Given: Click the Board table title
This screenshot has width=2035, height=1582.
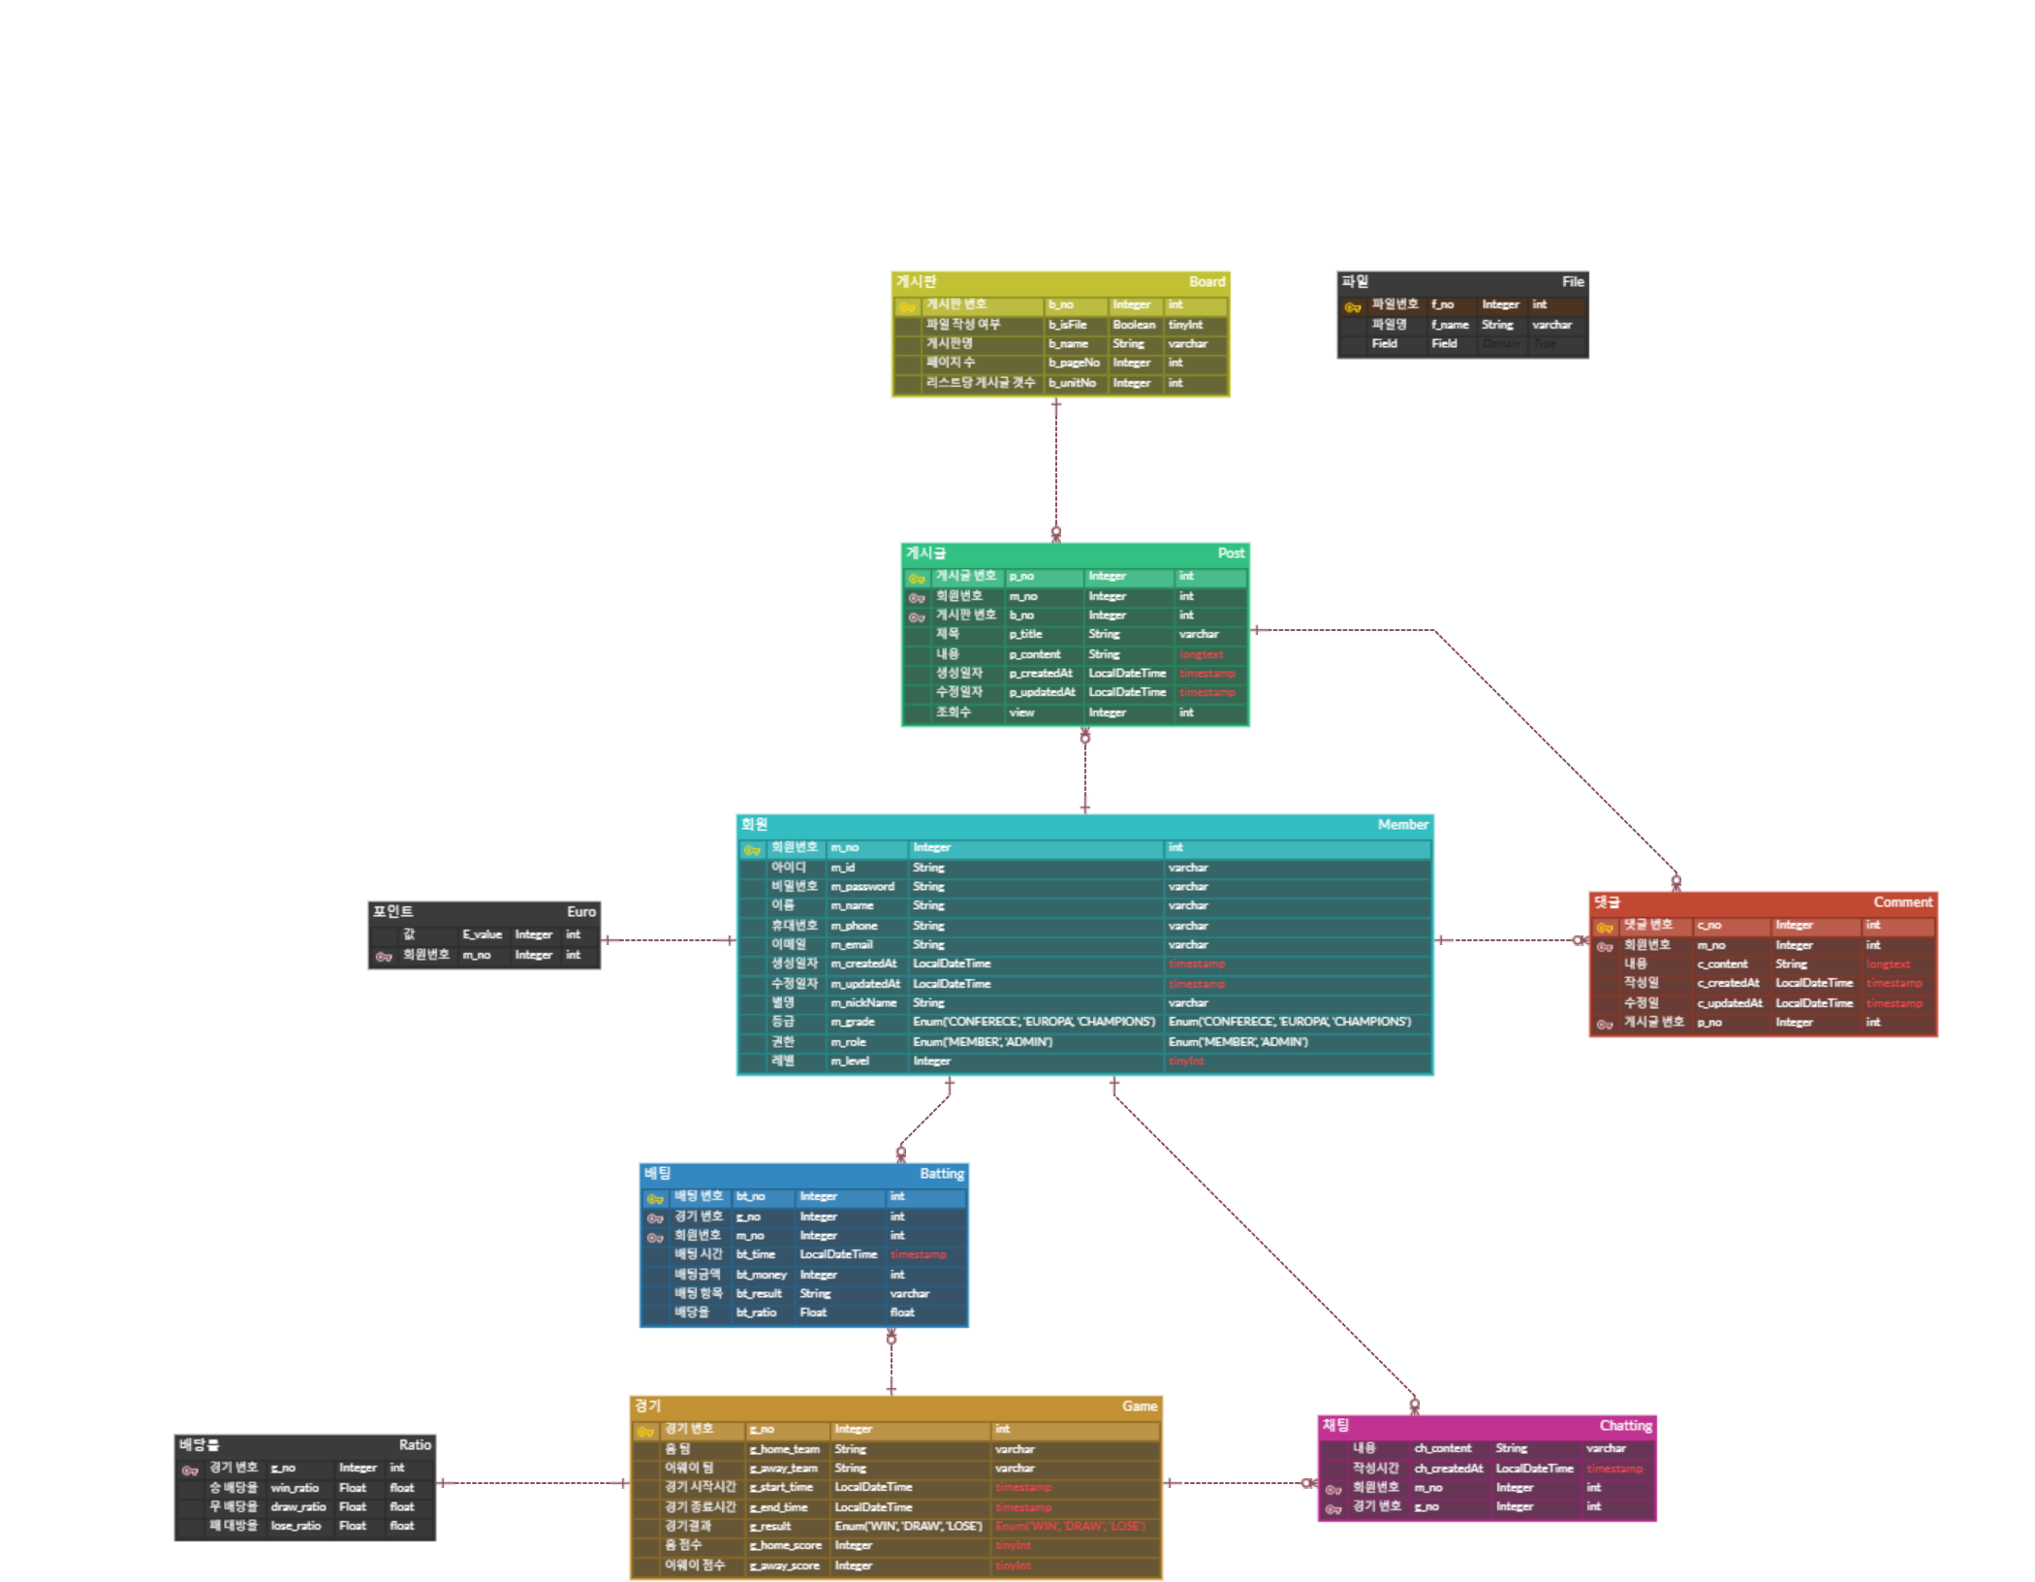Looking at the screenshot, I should [1206, 282].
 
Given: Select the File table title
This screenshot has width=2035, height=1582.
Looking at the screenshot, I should [1572, 282].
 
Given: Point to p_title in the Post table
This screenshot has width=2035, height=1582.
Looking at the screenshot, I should [1025, 634].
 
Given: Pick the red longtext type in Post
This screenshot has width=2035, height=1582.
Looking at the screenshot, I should [1201, 654].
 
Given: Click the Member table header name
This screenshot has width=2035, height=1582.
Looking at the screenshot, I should [1402, 825].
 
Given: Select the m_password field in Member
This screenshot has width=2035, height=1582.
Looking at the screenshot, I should [861, 886].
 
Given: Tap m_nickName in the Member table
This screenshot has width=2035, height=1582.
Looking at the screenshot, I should [862, 1002].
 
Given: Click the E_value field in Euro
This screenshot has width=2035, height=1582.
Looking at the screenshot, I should [482, 934].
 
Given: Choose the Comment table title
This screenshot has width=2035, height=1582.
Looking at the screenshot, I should [1902, 902].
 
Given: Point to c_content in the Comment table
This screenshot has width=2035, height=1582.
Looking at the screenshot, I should [1722, 964].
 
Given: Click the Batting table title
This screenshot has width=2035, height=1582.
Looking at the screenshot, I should [941, 1174].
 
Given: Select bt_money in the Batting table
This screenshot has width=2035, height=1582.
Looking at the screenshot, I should [761, 1274].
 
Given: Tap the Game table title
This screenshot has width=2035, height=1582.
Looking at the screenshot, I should [1139, 1407].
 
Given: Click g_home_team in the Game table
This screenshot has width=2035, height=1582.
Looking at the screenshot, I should [784, 1449].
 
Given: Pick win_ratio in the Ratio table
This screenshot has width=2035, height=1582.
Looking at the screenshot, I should [295, 1487].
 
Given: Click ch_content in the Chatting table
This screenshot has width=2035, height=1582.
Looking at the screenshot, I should [1442, 1448].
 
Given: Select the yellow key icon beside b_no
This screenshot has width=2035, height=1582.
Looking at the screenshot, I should [907, 306].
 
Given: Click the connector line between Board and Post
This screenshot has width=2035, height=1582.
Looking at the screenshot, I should [1056, 465].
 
